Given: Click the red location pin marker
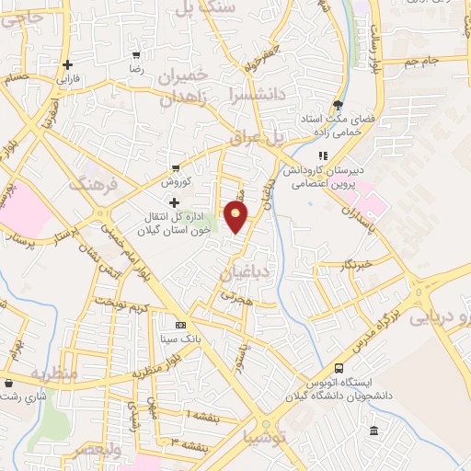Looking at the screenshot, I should coord(236,217).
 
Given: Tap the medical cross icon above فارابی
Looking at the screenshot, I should coord(67,64).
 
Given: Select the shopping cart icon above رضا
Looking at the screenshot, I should coord(136,55).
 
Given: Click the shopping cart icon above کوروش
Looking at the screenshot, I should coord(175,167).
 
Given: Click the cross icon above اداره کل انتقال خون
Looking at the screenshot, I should coord(174,201).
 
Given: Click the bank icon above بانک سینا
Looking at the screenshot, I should coord(180,325).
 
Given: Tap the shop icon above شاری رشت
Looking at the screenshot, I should coord(8,383).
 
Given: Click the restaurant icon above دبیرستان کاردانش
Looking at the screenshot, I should coord(322,155).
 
